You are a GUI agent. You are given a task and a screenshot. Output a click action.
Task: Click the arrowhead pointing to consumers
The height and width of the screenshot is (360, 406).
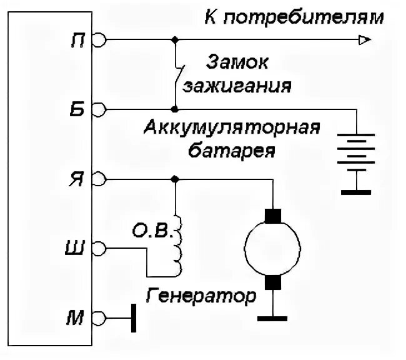pyautogui.click(x=363, y=41)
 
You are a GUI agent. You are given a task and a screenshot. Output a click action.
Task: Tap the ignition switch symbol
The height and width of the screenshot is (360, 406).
pyautogui.click(x=178, y=75)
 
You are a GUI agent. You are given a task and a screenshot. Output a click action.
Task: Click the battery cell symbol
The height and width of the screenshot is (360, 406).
pyautogui.click(x=355, y=150)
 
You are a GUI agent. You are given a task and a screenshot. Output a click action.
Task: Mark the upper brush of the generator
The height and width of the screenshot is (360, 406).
pyautogui.click(x=272, y=215)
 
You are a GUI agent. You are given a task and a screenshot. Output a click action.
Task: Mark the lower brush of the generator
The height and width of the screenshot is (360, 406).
pyautogui.click(x=272, y=283)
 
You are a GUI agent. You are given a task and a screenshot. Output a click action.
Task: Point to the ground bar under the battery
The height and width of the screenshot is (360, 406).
pyautogui.click(x=355, y=191)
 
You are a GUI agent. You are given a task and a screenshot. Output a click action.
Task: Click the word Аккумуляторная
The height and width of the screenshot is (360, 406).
pyautogui.click(x=232, y=131)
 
